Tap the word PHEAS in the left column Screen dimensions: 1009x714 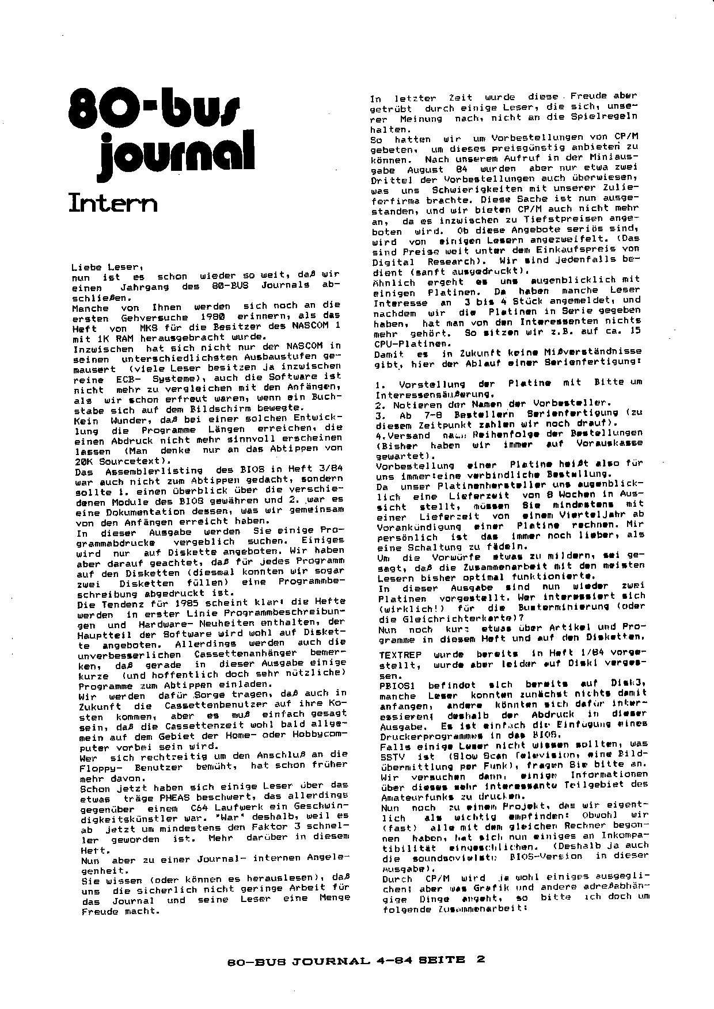tap(180, 798)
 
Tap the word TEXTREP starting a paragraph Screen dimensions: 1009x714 tap(400, 654)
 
